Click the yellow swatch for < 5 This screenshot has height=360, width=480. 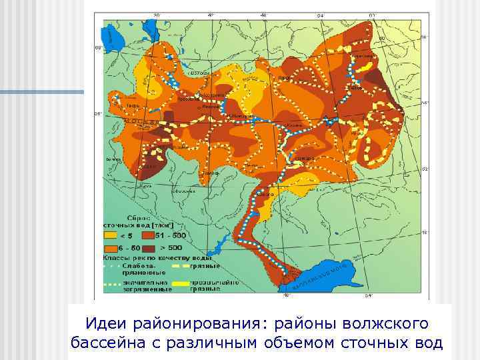coord(109,235)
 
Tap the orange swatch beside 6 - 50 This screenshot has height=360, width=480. coord(109,246)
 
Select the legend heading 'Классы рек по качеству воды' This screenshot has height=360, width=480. coord(157,257)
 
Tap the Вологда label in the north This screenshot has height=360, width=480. coord(201,73)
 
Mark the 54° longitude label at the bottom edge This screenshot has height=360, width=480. coord(369,295)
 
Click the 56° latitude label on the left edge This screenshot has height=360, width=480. coord(97,113)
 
